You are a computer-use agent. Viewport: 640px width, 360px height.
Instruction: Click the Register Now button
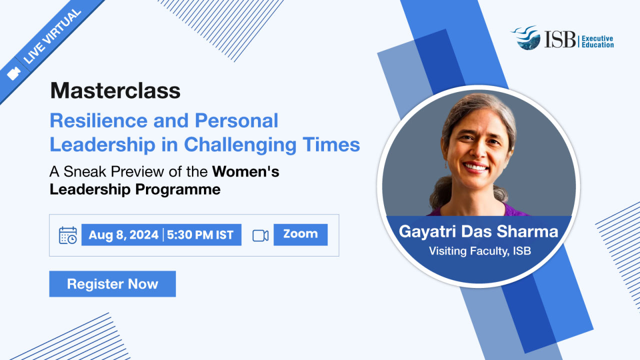tap(112, 283)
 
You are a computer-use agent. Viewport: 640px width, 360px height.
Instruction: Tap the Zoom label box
tap(300, 234)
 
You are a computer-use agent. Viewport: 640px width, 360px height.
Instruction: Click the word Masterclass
tap(115, 90)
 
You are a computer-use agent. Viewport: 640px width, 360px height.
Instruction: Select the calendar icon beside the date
tap(67, 235)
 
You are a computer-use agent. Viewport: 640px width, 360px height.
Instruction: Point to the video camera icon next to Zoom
tap(260, 235)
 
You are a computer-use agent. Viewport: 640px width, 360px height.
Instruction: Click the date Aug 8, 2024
tap(123, 235)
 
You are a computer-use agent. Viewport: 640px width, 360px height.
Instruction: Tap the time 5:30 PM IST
tap(200, 235)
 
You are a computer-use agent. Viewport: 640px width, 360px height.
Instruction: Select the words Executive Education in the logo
tap(597, 41)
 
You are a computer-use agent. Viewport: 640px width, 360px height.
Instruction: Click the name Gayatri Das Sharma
tap(478, 231)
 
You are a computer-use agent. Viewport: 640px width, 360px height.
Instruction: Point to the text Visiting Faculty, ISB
tap(480, 251)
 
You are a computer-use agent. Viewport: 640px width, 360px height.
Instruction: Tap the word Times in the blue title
tap(331, 144)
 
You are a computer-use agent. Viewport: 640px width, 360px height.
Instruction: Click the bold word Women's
tap(245, 171)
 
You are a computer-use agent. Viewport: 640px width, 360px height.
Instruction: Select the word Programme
tap(177, 189)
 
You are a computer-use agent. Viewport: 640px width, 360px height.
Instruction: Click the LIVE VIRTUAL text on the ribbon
tap(52, 36)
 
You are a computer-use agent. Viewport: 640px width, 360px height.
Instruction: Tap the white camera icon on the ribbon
tap(13, 73)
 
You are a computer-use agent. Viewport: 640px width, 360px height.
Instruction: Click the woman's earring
tap(445, 165)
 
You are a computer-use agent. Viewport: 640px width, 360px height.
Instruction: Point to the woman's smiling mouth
tap(475, 167)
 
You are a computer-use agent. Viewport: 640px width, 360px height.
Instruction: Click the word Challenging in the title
tap(240, 145)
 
